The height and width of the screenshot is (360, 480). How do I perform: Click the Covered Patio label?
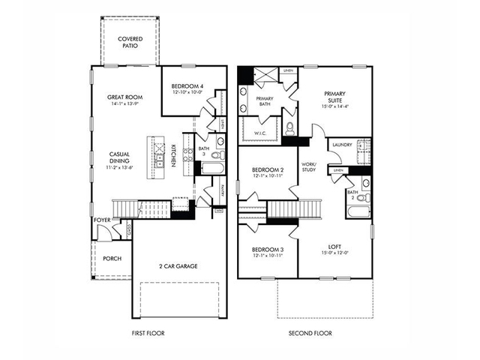click(130, 43)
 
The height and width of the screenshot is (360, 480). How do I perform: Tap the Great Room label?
click(125, 97)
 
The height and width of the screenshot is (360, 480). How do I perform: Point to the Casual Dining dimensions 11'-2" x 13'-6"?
click(119, 169)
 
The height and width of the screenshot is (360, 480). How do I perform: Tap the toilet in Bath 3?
click(216, 156)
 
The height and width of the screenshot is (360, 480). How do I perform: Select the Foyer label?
click(101, 220)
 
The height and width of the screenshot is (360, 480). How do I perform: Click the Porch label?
click(111, 259)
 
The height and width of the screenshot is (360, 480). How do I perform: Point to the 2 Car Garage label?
click(179, 265)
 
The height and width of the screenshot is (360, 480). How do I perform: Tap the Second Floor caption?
click(310, 333)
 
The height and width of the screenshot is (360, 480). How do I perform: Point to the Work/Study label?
click(309, 166)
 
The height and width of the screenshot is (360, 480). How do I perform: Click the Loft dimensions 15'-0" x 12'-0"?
click(334, 253)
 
